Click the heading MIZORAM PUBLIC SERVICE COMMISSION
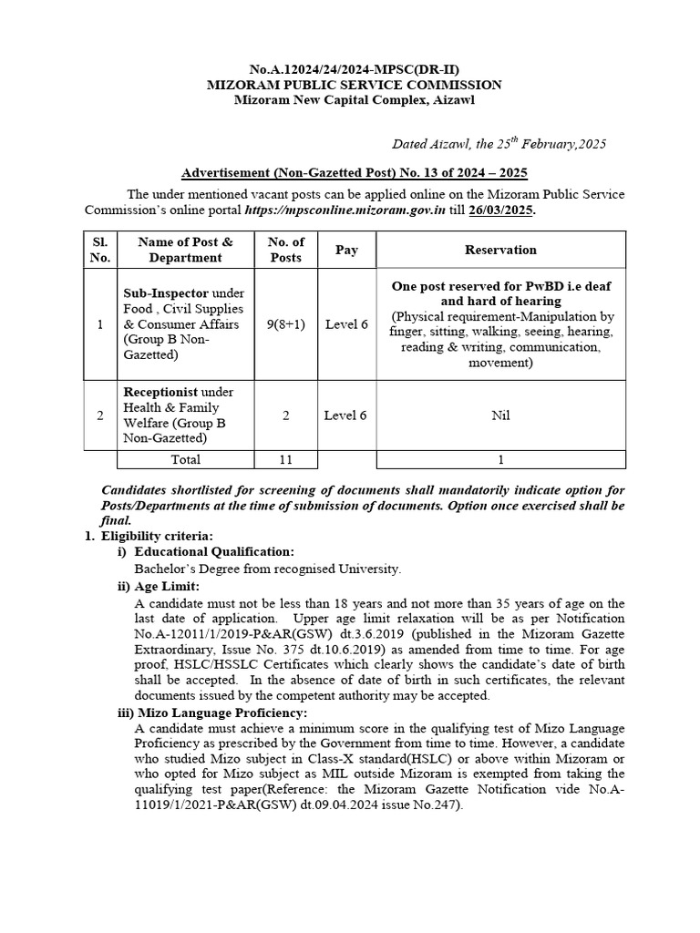[355, 85]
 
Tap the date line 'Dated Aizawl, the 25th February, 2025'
[499, 144]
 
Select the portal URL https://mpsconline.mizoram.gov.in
[344, 210]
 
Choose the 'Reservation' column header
[500, 250]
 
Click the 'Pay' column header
[346, 250]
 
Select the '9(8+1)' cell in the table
[285, 324]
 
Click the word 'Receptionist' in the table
[160, 392]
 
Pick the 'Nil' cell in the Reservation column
[500, 415]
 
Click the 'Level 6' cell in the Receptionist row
[346, 415]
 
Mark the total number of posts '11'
[285, 460]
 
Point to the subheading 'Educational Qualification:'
[214, 552]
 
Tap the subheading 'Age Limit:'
[167, 586]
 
